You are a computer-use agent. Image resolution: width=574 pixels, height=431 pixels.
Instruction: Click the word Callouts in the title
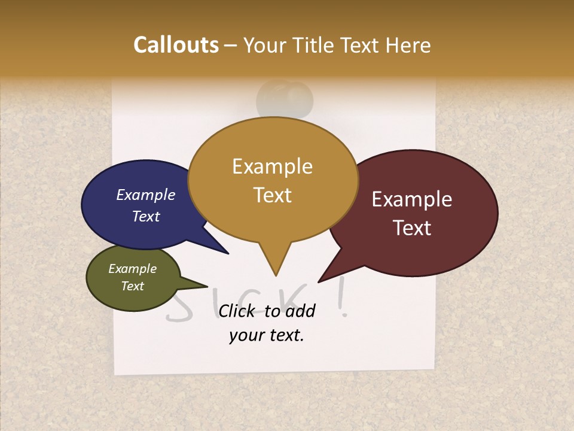[x=176, y=45]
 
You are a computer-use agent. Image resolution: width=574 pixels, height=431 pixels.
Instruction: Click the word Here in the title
[x=408, y=45]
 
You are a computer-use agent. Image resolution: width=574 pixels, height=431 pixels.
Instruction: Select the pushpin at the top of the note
[x=285, y=99]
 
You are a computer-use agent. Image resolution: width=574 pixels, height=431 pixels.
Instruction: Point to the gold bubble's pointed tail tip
[x=276, y=275]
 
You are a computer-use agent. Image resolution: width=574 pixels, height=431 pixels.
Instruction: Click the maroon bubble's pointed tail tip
[x=319, y=281]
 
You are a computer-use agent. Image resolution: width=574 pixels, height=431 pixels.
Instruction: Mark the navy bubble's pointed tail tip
[x=228, y=253]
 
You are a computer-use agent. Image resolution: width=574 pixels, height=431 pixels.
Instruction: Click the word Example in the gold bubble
[x=273, y=166]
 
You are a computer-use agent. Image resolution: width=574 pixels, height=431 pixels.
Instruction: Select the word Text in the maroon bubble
[x=412, y=228]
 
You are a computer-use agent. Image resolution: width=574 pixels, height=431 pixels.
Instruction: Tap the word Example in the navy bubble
[x=146, y=195]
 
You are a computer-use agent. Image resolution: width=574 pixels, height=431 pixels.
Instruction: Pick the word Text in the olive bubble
[x=133, y=286]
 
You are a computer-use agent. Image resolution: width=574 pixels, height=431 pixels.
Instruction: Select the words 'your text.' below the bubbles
[x=267, y=335]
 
